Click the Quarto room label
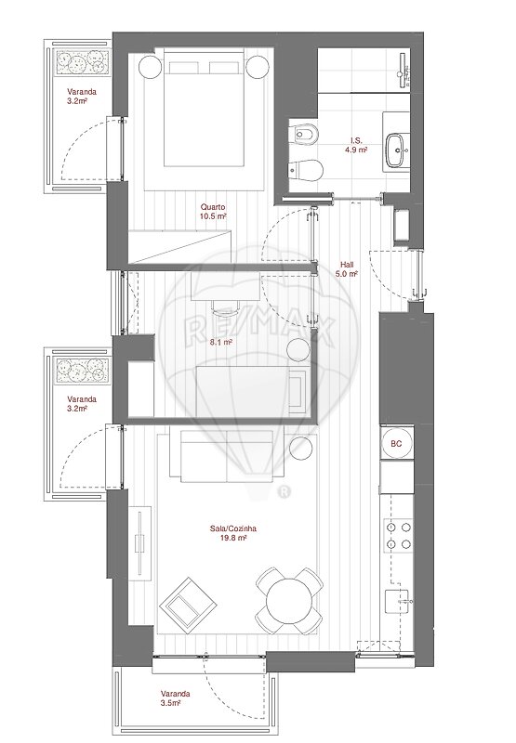213,207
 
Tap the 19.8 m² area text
233,538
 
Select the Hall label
347,265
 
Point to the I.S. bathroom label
356,141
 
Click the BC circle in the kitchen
396,444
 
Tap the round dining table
289,601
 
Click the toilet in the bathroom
306,170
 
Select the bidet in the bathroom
304,134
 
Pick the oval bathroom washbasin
396,150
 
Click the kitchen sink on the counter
397,603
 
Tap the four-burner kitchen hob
398,536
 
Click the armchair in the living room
189,606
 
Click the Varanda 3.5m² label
175,698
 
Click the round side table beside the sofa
300,449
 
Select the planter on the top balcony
81,61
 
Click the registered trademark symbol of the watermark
284,492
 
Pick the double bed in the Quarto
204,108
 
